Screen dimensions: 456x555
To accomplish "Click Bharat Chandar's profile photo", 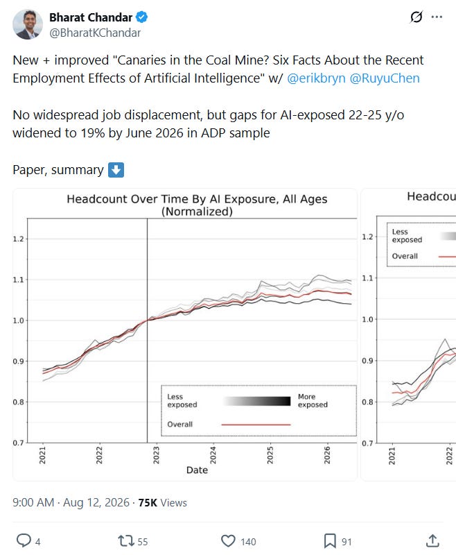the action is coord(28,24).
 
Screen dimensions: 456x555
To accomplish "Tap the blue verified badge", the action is coord(142,17).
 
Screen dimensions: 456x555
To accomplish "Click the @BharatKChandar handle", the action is coord(95,33).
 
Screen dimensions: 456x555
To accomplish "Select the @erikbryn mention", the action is coord(316,78).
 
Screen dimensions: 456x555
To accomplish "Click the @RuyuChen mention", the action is coord(385,78).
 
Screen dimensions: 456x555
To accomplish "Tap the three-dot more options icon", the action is coord(437,17).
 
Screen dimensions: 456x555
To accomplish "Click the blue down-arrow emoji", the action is coord(116,170).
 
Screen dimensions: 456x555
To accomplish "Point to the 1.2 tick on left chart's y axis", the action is coord(19,239).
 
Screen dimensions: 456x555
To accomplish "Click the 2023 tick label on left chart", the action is coord(156,455).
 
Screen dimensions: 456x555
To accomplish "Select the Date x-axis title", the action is coord(197,470).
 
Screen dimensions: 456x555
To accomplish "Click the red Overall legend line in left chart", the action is coord(256,425).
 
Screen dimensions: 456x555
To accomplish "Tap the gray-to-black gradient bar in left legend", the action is coord(257,401).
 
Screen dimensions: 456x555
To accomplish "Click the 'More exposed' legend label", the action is coord(313,401).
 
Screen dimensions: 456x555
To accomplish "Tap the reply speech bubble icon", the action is coord(24,540).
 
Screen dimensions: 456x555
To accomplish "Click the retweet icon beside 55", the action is coord(126,541).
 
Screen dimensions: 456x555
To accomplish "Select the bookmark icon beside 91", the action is coord(330,541).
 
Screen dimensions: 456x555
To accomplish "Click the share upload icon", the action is coord(432,541).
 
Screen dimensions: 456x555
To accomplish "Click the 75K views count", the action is coord(162,502).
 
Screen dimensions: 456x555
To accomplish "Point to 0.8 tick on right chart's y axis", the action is coord(367,402).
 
